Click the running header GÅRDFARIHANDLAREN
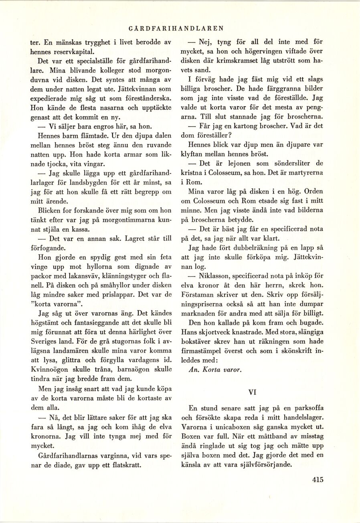177,28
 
